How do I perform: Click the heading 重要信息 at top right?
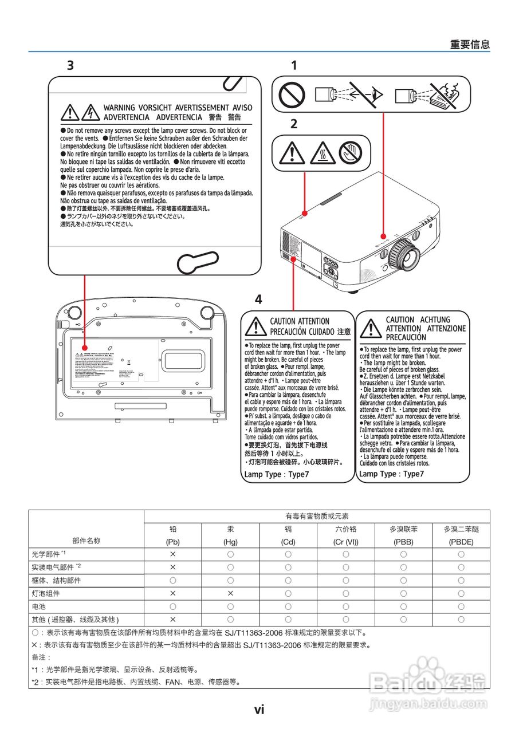point(470,45)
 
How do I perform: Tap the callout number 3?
point(70,65)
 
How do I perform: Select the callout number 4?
point(258,299)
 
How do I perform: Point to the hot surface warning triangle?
point(323,153)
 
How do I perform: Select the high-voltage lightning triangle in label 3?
point(90,113)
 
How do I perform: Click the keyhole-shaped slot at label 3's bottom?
point(198,263)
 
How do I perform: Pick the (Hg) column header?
point(230,542)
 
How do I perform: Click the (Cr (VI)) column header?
point(345,542)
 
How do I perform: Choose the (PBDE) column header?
point(461,542)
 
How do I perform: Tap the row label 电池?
point(39,606)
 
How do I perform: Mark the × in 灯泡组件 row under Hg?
point(230,593)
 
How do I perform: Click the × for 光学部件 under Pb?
point(172,554)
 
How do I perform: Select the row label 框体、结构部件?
point(56,580)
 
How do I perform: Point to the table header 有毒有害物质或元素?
point(317,516)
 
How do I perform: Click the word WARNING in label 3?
point(119,108)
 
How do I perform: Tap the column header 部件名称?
point(86,541)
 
